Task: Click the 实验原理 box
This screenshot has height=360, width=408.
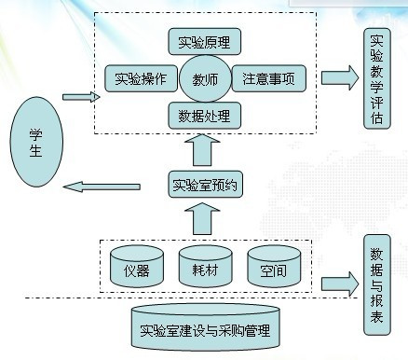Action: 204,42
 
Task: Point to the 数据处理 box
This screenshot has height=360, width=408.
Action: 204,116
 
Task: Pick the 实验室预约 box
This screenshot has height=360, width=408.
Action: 205,184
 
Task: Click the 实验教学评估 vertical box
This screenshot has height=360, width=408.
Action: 376,80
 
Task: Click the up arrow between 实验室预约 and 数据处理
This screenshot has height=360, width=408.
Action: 204,150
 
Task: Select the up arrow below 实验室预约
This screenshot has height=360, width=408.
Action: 204,220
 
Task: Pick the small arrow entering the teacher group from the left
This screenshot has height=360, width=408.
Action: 79,95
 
